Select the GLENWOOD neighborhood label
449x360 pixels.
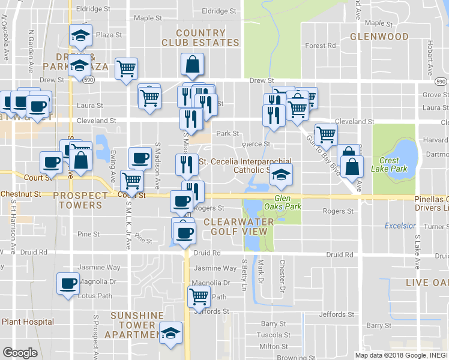pos(379,37)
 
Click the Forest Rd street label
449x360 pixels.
pos(320,46)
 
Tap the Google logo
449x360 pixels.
pos(19,353)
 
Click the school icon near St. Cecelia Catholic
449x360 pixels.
pos(279,174)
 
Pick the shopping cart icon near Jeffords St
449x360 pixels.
pos(199,295)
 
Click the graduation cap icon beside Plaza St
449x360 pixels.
pos(80,35)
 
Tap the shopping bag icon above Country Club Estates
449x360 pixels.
pos(192,64)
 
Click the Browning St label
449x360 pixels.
pos(292,358)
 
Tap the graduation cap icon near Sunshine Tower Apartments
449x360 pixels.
pos(171,332)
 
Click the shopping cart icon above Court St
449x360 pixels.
pos(131,179)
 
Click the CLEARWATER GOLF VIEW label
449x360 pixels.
pos(238,226)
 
